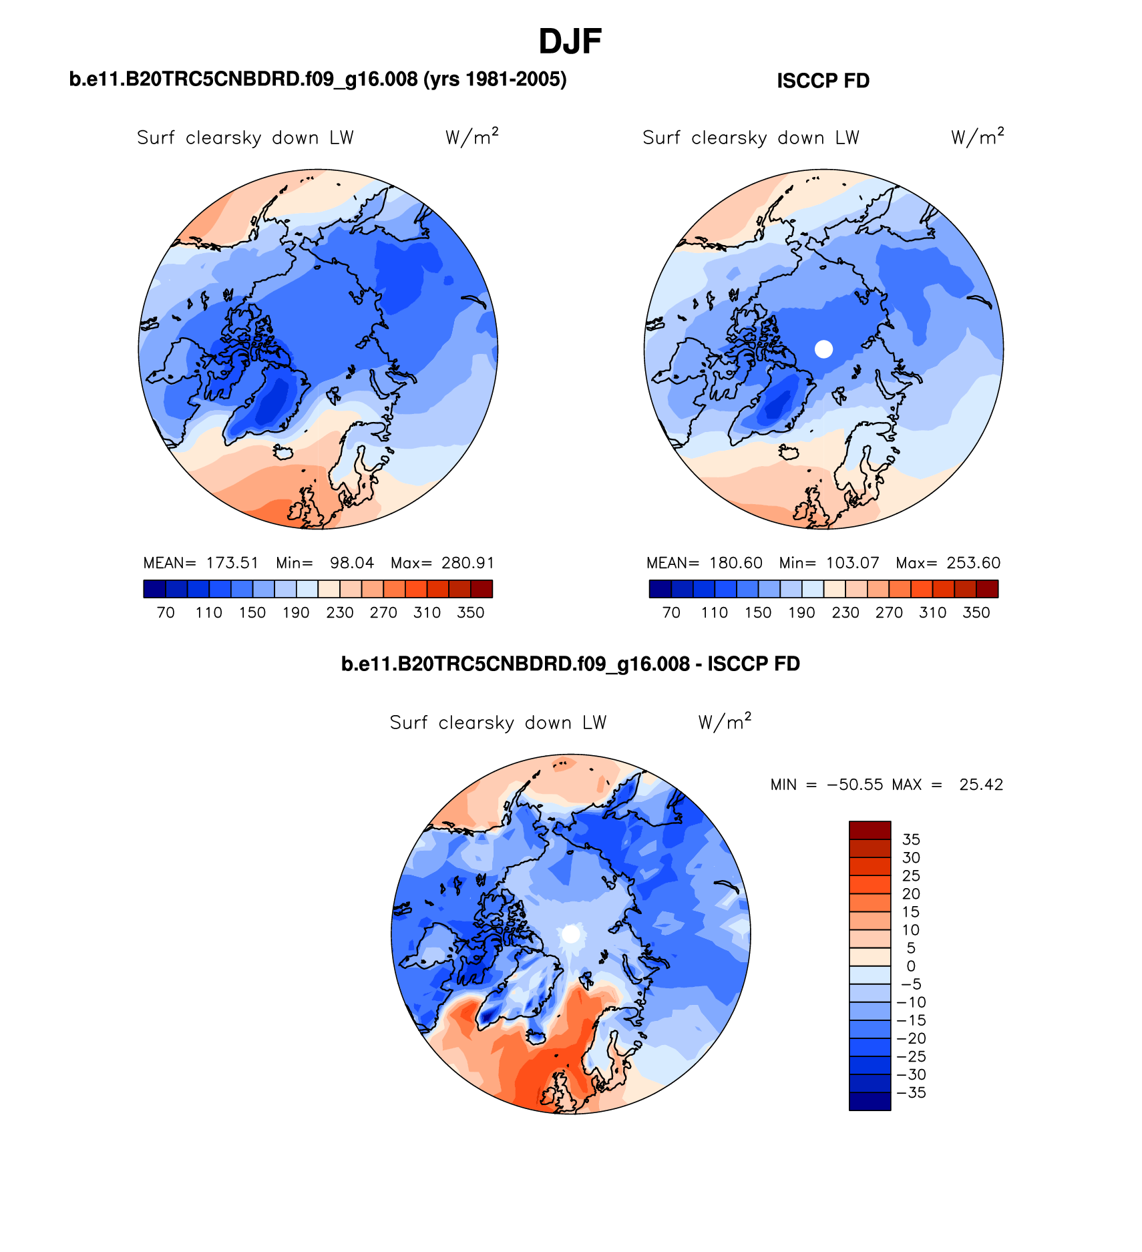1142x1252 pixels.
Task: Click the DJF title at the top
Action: [570, 42]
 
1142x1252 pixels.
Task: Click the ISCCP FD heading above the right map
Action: [823, 81]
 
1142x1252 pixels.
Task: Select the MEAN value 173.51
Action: [232, 563]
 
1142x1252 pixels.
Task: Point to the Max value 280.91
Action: [467, 563]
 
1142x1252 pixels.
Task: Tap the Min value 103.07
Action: [852, 563]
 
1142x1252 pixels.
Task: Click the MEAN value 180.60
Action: [735, 563]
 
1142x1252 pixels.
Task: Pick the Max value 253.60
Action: [973, 563]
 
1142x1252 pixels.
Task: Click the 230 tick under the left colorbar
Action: [339, 613]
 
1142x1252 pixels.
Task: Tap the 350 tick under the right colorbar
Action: [976, 613]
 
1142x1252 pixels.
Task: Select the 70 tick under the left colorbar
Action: [166, 613]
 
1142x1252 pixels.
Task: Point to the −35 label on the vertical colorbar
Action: [911, 1093]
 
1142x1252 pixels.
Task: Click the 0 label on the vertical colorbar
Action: [911, 966]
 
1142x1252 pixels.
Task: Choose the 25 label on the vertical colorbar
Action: [911, 876]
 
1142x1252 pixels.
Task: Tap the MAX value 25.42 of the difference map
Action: [980, 785]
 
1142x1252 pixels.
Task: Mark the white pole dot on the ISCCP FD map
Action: [824, 349]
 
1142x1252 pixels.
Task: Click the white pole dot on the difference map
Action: [571, 934]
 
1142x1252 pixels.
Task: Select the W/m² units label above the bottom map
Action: [725, 722]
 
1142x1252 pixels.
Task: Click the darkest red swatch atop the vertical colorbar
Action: [870, 830]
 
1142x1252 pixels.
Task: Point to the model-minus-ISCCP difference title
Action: [570, 664]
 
